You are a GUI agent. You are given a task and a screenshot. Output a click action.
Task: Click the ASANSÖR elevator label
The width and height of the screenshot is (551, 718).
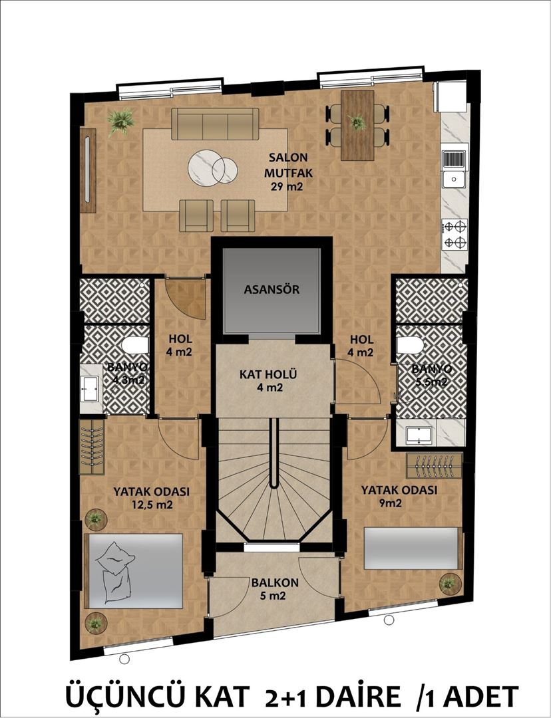(271, 290)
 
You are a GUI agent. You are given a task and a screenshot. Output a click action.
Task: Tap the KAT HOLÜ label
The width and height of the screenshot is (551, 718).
(272, 380)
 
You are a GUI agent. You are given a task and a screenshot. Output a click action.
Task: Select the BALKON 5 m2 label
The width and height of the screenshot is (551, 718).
(274, 589)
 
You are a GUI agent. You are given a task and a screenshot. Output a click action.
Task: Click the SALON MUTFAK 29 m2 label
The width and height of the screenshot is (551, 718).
(288, 172)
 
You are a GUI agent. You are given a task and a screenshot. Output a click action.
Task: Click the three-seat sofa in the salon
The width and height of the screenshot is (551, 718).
(215, 124)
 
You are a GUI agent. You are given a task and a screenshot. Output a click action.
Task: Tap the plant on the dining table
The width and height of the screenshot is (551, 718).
(357, 122)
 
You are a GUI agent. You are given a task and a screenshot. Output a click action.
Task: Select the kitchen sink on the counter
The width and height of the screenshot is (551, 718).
(455, 168)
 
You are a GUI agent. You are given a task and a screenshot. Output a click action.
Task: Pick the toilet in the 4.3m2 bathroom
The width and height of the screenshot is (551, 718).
(136, 346)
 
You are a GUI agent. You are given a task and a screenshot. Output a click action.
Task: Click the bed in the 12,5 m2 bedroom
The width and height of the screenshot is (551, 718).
(136, 570)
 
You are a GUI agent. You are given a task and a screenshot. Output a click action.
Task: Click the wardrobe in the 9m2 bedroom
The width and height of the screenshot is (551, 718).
(434, 465)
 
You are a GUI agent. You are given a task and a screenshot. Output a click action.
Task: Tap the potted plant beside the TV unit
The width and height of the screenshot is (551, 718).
(120, 121)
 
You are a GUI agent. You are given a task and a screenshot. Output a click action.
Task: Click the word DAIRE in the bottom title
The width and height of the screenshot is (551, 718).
(354, 697)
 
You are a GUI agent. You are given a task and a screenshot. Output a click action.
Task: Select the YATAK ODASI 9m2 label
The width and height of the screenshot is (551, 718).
(399, 496)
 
